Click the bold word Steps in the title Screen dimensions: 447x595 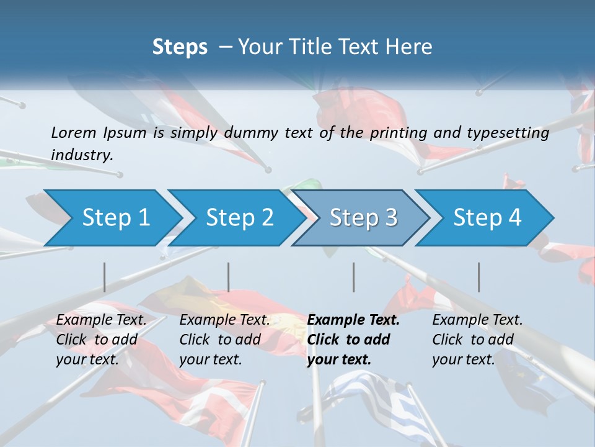point(180,47)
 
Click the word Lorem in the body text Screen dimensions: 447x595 point(73,132)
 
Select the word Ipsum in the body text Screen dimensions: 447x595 point(125,132)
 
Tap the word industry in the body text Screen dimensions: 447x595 point(82,155)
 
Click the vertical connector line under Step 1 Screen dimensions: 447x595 point(105,277)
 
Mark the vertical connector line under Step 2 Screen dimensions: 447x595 point(229,277)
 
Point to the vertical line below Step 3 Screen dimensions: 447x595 point(354,277)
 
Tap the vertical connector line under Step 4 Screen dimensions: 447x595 point(479,277)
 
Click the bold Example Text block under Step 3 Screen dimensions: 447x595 point(353,340)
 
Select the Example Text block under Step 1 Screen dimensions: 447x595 point(101,340)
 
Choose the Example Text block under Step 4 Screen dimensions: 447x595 point(477,340)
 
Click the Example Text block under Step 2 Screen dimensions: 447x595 point(224,340)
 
